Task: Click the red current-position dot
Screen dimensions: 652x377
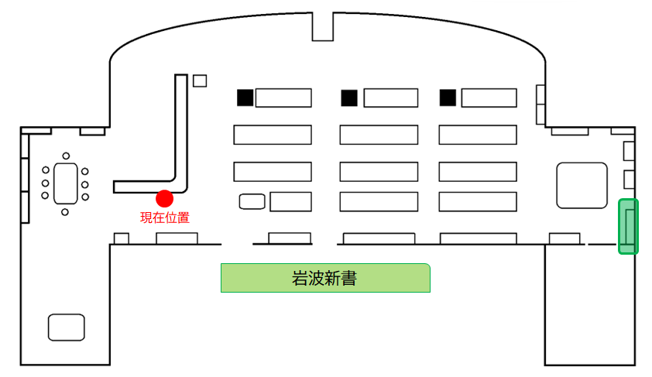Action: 165,199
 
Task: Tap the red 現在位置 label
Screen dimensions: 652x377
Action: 165,218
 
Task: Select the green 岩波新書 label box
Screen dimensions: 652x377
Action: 325,278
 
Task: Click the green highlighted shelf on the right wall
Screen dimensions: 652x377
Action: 628,226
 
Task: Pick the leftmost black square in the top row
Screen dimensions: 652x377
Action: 245,98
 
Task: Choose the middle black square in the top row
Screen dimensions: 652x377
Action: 349,98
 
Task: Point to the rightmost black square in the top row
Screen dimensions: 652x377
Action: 448,98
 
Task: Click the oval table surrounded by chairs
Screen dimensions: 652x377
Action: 66,183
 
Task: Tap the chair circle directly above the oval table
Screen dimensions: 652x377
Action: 66,156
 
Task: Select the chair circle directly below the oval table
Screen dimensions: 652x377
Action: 65,212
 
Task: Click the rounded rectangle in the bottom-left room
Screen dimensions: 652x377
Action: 67,327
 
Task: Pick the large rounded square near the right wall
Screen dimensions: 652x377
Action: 582,185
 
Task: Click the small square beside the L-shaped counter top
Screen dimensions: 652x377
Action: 200,81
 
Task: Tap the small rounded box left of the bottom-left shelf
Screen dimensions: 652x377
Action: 252,201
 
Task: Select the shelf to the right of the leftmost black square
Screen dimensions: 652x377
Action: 283,98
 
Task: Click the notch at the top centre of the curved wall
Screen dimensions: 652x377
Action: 323,26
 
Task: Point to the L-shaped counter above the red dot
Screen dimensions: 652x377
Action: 181,133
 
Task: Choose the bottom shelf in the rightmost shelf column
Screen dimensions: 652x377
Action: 478,201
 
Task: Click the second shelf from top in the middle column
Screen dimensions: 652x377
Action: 379,135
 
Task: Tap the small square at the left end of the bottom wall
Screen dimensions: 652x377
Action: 122,238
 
